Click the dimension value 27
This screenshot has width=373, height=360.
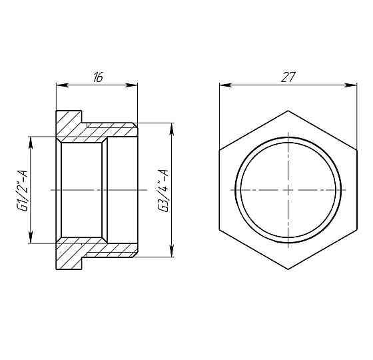click(288, 77)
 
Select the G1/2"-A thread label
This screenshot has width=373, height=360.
click(22, 190)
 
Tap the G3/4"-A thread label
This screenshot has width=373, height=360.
click(162, 190)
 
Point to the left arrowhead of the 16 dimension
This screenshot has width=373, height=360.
click(59, 85)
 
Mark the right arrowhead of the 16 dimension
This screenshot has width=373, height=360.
click(134, 85)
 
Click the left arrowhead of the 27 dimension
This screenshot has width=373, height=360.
click(223, 85)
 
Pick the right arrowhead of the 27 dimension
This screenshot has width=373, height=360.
click(352, 85)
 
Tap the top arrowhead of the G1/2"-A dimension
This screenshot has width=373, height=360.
click(31, 139)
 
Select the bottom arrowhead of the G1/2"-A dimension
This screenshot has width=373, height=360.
click(31, 241)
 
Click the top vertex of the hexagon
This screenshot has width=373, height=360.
click(288, 111)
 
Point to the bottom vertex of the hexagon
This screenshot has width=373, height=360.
click(288, 269)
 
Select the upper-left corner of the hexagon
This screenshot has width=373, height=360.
click(220, 150)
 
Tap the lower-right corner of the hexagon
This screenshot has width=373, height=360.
click(356, 230)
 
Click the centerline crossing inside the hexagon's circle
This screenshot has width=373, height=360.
click(288, 190)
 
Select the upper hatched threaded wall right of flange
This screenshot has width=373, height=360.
click(110, 129)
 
